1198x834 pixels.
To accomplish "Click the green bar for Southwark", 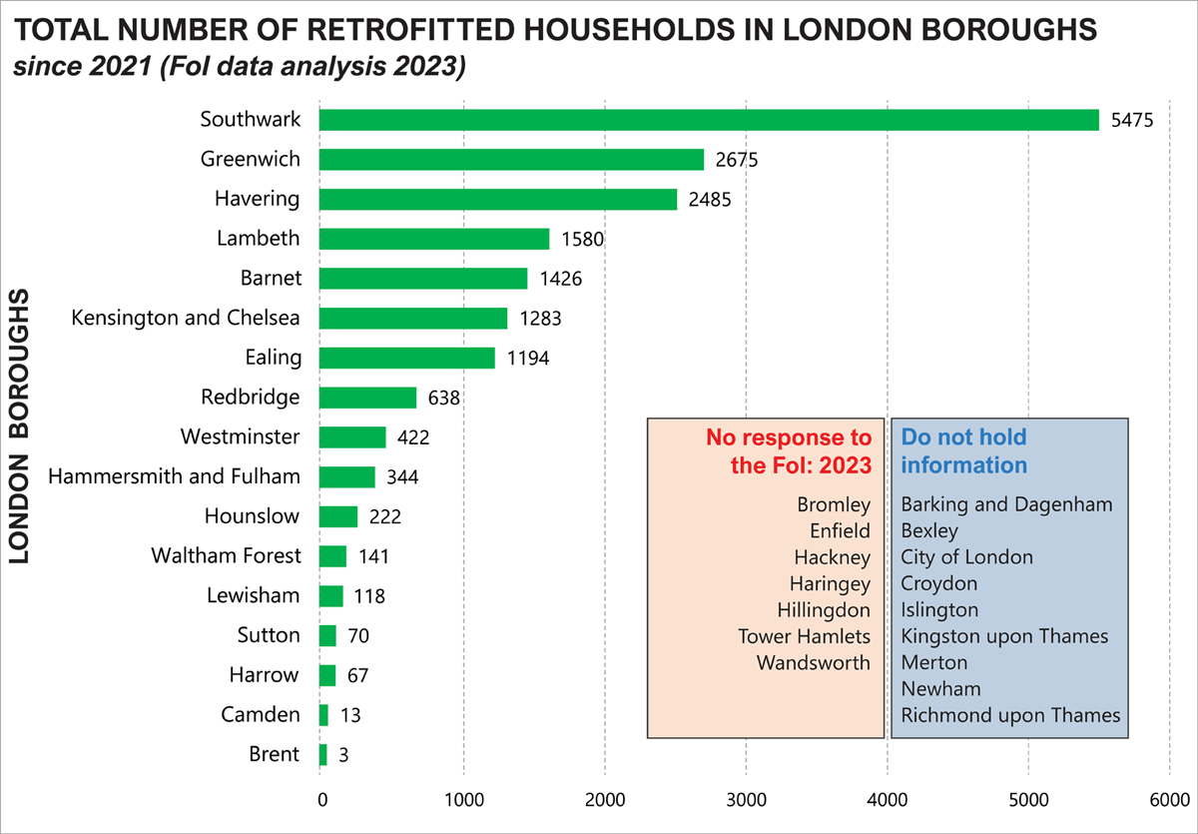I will tap(708, 120).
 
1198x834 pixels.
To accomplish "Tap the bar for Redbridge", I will tap(367, 398).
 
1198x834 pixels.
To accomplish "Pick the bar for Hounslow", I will tap(338, 516).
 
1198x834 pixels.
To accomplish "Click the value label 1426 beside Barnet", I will tap(560, 279).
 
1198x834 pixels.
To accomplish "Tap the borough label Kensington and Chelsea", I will tap(186, 318).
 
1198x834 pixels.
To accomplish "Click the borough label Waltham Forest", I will tap(225, 555).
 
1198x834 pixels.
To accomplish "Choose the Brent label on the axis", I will tap(273, 754).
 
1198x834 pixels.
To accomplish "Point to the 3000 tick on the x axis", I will tap(745, 800).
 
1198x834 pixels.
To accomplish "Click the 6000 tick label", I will tap(1169, 800).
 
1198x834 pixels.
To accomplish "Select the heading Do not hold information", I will tap(963, 450).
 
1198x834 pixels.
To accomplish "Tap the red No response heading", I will tap(788, 450).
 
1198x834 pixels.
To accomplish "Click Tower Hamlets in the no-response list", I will tap(804, 636).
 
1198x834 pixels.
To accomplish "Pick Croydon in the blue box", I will tap(938, 583).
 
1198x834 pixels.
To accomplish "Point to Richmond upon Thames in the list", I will tap(1010, 715).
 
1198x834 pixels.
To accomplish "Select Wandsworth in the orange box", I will tap(813, 662).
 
